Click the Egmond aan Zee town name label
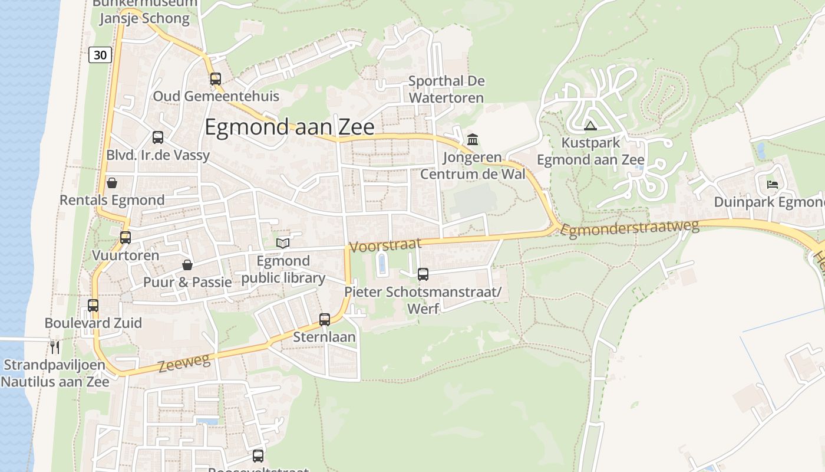pyautogui.click(x=289, y=127)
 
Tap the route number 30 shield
pyautogui.click(x=100, y=55)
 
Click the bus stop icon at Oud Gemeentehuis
pyautogui.click(x=216, y=78)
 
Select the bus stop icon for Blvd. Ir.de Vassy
pyautogui.click(x=158, y=137)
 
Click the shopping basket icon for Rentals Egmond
pyautogui.click(x=111, y=183)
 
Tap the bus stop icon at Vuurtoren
pyautogui.click(x=126, y=238)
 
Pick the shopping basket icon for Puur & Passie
pyautogui.click(x=187, y=265)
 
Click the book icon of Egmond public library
pyautogui.click(x=283, y=243)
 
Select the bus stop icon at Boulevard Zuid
pyautogui.click(x=93, y=306)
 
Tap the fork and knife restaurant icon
pyautogui.click(x=55, y=347)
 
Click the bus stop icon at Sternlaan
pyautogui.click(x=325, y=320)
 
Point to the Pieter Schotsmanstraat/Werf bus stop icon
pyautogui.click(x=423, y=274)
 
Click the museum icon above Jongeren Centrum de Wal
pyautogui.click(x=473, y=140)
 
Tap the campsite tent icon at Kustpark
pyautogui.click(x=590, y=126)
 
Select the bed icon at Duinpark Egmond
pyautogui.click(x=773, y=185)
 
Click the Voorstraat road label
pyautogui.click(x=385, y=245)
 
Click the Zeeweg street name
pyautogui.click(x=184, y=363)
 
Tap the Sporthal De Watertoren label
pyautogui.click(x=446, y=89)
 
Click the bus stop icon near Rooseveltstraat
pyautogui.click(x=258, y=455)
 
